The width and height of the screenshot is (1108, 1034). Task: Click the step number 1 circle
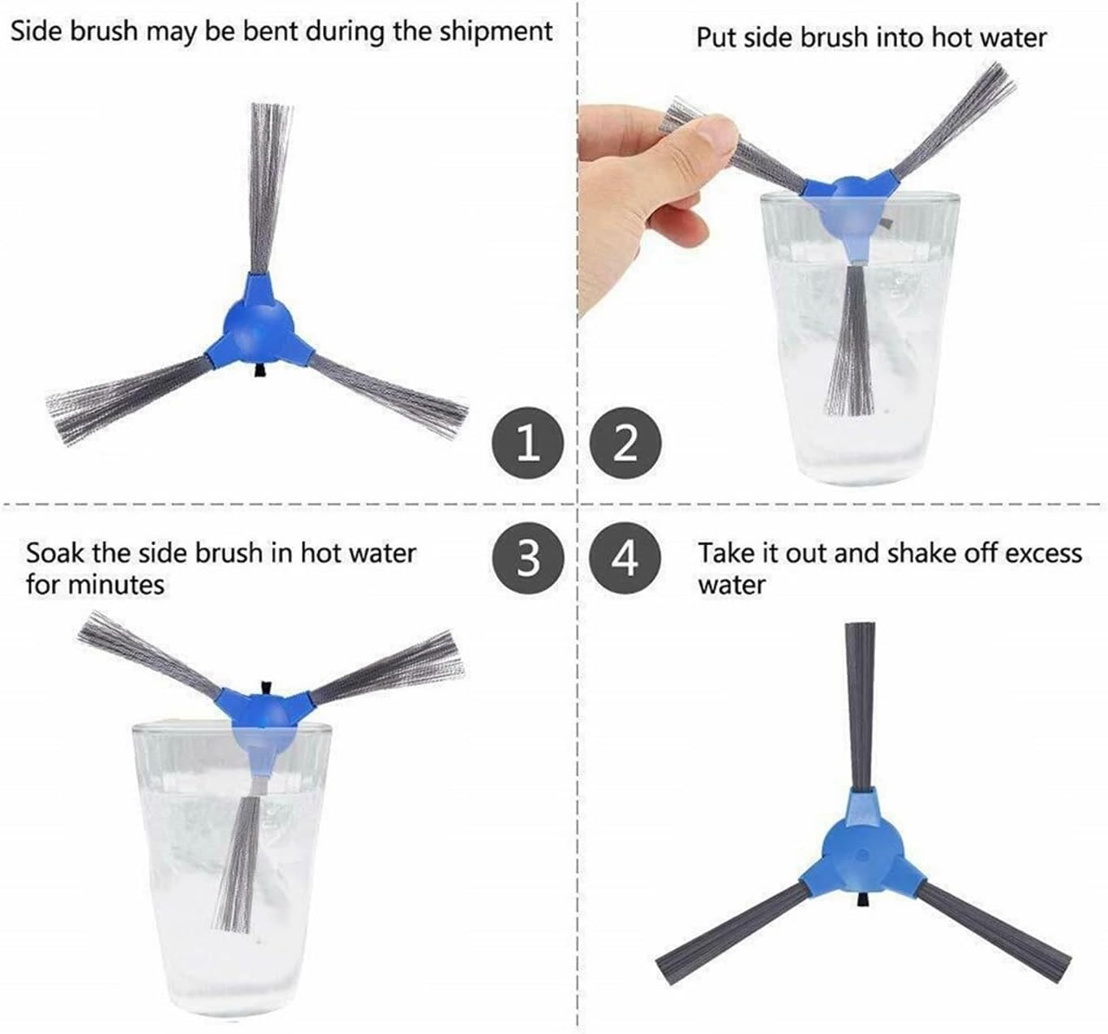coord(528,443)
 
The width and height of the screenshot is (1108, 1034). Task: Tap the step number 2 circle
coord(625,443)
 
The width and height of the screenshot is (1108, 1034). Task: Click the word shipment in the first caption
coord(496,32)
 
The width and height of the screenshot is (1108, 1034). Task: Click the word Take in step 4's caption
coord(723,553)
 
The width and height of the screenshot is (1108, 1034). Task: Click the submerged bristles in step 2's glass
coord(851,341)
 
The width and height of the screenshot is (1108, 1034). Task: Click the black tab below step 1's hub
coord(259,371)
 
